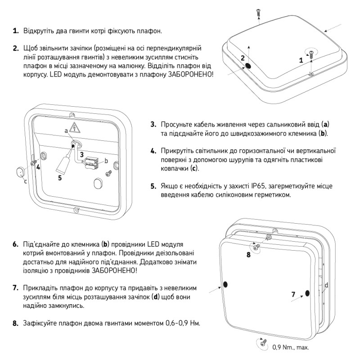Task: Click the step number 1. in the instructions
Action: (x=15, y=31)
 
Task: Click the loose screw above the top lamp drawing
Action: (x=258, y=12)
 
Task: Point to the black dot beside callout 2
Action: (x=248, y=66)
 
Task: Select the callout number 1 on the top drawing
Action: (x=301, y=59)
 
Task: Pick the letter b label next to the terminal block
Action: (x=106, y=161)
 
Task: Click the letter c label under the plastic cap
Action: (x=25, y=181)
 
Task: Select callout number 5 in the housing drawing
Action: (x=60, y=178)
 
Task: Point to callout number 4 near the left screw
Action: (x=38, y=166)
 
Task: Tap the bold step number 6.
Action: (x=15, y=244)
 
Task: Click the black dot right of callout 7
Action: (x=307, y=293)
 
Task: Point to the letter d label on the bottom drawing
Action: (x=326, y=285)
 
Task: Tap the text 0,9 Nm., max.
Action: (x=290, y=347)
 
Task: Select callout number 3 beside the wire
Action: (x=81, y=154)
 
